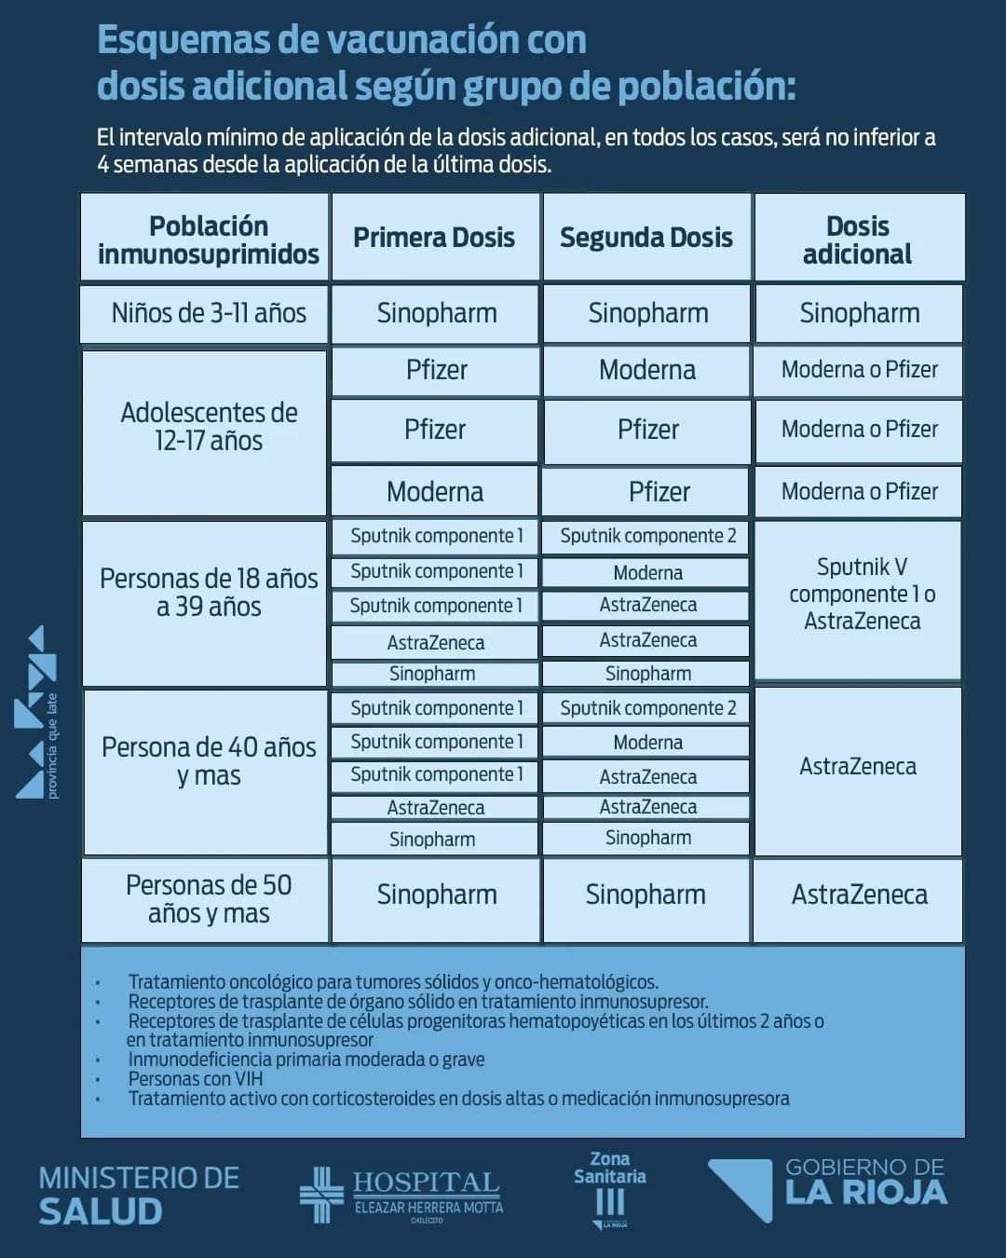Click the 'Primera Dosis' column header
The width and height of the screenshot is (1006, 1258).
tap(434, 238)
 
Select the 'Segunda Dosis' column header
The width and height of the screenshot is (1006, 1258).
tap(646, 238)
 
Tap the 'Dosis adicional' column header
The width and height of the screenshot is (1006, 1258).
tap(858, 239)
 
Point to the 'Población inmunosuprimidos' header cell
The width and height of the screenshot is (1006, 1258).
tap(208, 239)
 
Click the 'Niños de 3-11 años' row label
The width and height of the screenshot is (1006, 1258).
tap(209, 313)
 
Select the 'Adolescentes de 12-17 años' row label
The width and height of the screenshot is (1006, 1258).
tap(209, 427)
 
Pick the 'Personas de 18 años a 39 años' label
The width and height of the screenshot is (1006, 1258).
tap(209, 593)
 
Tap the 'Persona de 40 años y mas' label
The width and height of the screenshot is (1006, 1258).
tap(209, 761)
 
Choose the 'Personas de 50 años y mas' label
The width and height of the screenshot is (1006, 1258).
tap(209, 898)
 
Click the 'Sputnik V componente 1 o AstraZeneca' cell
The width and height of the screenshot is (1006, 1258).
tap(861, 595)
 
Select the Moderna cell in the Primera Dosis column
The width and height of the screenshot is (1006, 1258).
tap(435, 492)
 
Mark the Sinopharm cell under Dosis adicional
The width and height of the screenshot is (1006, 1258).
tap(859, 313)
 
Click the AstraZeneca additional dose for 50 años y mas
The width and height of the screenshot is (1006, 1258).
tap(859, 896)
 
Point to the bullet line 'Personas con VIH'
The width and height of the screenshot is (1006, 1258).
tap(196, 1079)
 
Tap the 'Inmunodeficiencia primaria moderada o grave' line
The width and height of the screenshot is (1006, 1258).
tap(306, 1060)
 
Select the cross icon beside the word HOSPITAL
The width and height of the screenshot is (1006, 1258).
tap(320, 1194)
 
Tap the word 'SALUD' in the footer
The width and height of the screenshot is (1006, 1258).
tap(101, 1211)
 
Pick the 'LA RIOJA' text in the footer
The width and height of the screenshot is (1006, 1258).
tap(866, 1194)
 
